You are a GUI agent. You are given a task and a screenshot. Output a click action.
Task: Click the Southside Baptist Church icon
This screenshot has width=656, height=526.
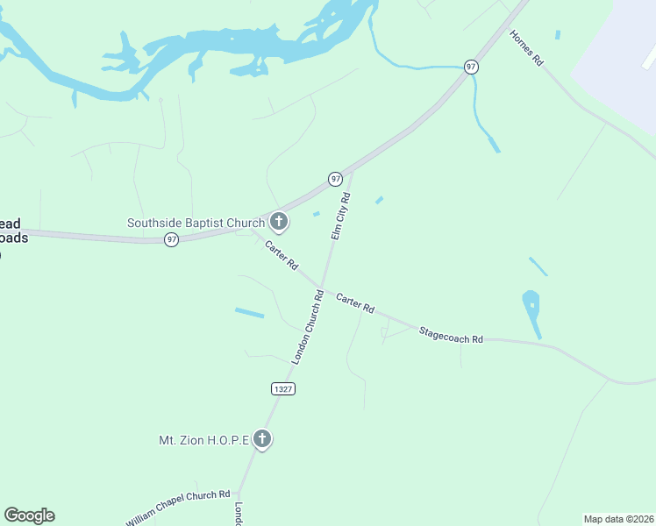pos(279,221)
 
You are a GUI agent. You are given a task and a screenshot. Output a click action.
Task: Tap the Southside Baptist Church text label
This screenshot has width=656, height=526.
pos(196,223)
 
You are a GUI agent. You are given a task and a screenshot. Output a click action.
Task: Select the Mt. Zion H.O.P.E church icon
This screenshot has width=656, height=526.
pos(262,439)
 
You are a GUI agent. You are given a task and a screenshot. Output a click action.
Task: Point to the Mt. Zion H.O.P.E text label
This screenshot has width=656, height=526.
pos(203,439)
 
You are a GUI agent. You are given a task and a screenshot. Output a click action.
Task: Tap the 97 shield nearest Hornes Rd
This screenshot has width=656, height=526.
pos(471,68)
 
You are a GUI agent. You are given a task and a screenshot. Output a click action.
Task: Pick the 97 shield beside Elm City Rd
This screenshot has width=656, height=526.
pos(335,179)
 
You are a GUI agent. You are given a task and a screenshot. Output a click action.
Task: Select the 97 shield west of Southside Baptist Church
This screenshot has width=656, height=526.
pos(172,239)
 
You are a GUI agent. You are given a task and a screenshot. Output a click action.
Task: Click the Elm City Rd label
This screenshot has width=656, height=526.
pos(340,217)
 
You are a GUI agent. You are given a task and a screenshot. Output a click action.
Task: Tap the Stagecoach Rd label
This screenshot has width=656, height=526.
pos(451,334)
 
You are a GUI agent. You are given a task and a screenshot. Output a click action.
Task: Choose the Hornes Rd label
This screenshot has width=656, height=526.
pos(527,49)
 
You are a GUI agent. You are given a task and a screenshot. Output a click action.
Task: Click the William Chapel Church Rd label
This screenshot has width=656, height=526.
pos(177,508)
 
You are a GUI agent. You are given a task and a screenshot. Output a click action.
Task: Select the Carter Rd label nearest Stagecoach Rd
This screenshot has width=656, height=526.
pos(355,303)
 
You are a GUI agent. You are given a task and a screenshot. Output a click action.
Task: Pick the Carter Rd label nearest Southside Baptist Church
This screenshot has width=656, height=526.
pos(282,255)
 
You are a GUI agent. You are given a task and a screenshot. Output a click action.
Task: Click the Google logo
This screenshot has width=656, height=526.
pos(29,515)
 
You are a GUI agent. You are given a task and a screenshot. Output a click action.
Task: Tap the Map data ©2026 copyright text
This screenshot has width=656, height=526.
pos(617,518)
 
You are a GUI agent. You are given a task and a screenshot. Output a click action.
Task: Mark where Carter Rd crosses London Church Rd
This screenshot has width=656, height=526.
pos(322,287)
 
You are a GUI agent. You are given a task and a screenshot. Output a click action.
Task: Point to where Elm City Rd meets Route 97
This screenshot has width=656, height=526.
pos(352,169)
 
